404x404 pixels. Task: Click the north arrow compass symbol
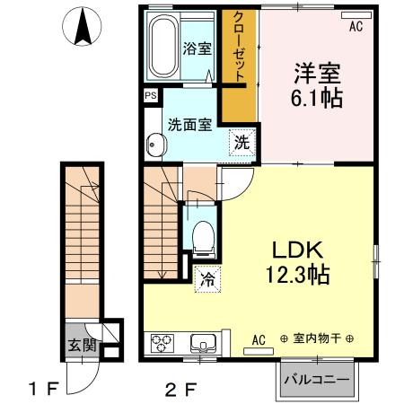pyautogui.click(x=82, y=26)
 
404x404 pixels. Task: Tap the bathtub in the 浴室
pyautogui.click(x=162, y=46)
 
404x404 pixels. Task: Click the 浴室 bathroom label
pyautogui.click(x=198, y=48)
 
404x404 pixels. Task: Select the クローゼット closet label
pyautogui.click(x=239, y=47)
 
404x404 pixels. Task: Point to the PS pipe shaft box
pyautogui.click(x=151, y=95)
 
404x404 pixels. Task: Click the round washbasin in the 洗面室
pyautogui.click(x=156, y=145)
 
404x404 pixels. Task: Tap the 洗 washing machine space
pyautogui.click(x=242, y=143)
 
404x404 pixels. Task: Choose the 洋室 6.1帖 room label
pyautogui.click(x=317, y=85)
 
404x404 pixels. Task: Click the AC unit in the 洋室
pyautogui.click(x=356, y=15)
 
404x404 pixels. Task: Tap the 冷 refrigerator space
pyautogui.click(x=207, y=279)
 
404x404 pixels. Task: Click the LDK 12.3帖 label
pyautogui.click(x=298, y=262)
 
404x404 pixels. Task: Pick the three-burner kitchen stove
pyautogui.click(x=162, y=343)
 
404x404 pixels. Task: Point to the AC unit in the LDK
pyautogui.click(x=259, y=351)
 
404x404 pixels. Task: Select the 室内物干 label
pyautogui.click(x=317, y=338)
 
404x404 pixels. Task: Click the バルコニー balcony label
pyautogui.click(x=317, y=381)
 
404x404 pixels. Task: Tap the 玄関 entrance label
pyautogui.click(x=82, y=346)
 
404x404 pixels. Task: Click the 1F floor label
pyautogui.click(x=42, y=390)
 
